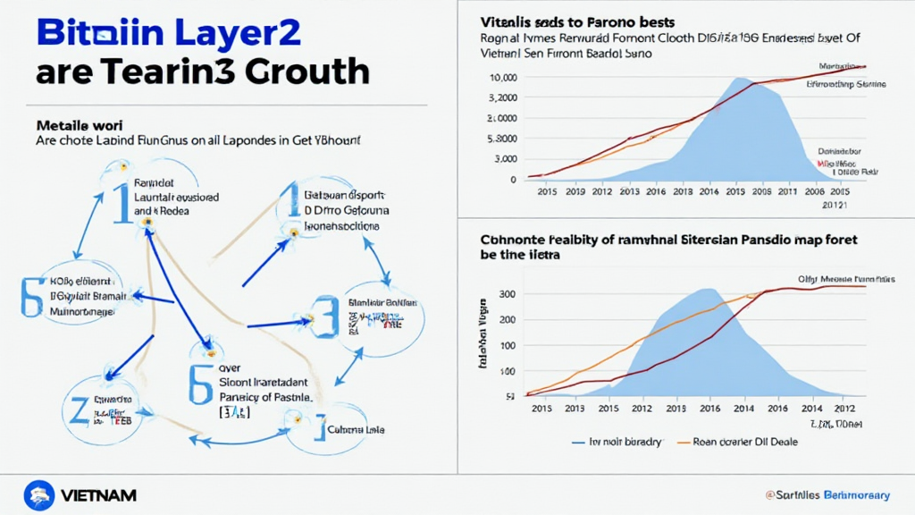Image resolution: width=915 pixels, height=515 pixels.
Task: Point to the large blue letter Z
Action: coord(79,408)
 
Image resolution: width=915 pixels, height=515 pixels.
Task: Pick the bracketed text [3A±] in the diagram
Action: coord(234,412)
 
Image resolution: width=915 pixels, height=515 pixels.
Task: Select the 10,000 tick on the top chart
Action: coord(503,78)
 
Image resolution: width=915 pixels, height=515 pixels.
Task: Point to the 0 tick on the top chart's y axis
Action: coord(513,180)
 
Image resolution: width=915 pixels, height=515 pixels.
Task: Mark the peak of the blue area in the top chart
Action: coord(738,79)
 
